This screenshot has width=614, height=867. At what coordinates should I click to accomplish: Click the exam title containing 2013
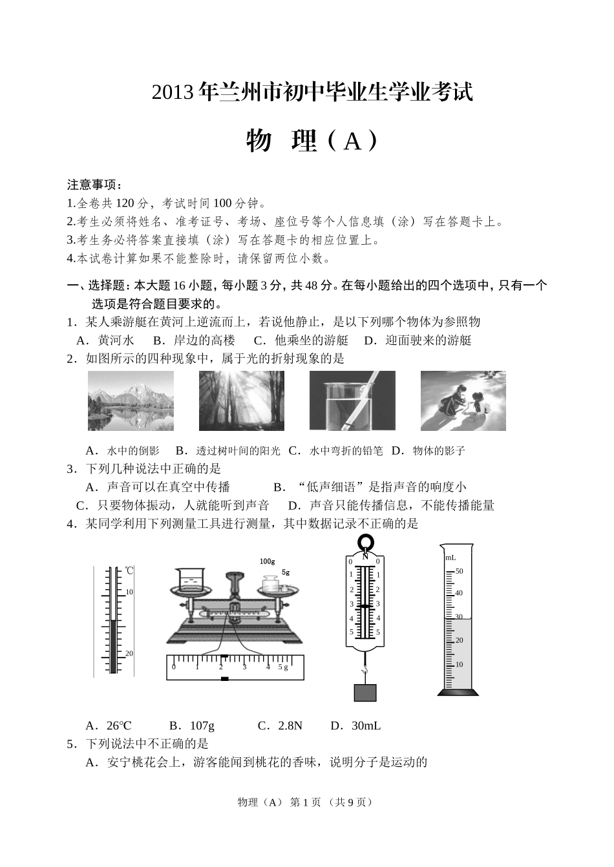[x=312, y=92]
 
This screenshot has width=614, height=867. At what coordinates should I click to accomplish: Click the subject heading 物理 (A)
[x=312, y=140]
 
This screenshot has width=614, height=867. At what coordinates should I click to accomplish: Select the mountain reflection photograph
[x=131, y=401]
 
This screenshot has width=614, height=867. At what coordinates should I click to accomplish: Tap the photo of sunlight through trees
[x=240, y=401]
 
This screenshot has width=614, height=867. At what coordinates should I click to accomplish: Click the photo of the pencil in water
[x=352, y=401]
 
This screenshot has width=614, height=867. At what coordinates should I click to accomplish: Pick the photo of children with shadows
[x=463, y=401]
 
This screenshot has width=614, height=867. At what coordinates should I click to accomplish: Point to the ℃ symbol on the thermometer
[x=129, y=570]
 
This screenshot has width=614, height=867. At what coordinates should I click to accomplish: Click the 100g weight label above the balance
[x=268, y=561]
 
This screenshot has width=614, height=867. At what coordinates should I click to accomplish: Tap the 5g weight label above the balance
[x=285, y=572]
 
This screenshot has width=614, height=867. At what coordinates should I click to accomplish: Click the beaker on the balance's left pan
[x=189, y=580]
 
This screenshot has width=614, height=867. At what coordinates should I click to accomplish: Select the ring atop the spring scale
[x=365, y=542]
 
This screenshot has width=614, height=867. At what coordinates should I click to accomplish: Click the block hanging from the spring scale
[x=365, y=692]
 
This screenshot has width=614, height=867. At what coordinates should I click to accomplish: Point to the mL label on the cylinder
[x=450, y=557]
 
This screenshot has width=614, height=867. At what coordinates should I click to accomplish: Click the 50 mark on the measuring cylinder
[x=460, y=571]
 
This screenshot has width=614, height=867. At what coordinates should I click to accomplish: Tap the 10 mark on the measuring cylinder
[x=460, y=664]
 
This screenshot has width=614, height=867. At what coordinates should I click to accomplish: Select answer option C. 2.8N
[x=280, y=726]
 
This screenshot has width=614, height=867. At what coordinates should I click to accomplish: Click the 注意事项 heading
[x=94, y=185]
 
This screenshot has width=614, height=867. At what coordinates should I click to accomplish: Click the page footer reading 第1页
[x=306, y=802]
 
